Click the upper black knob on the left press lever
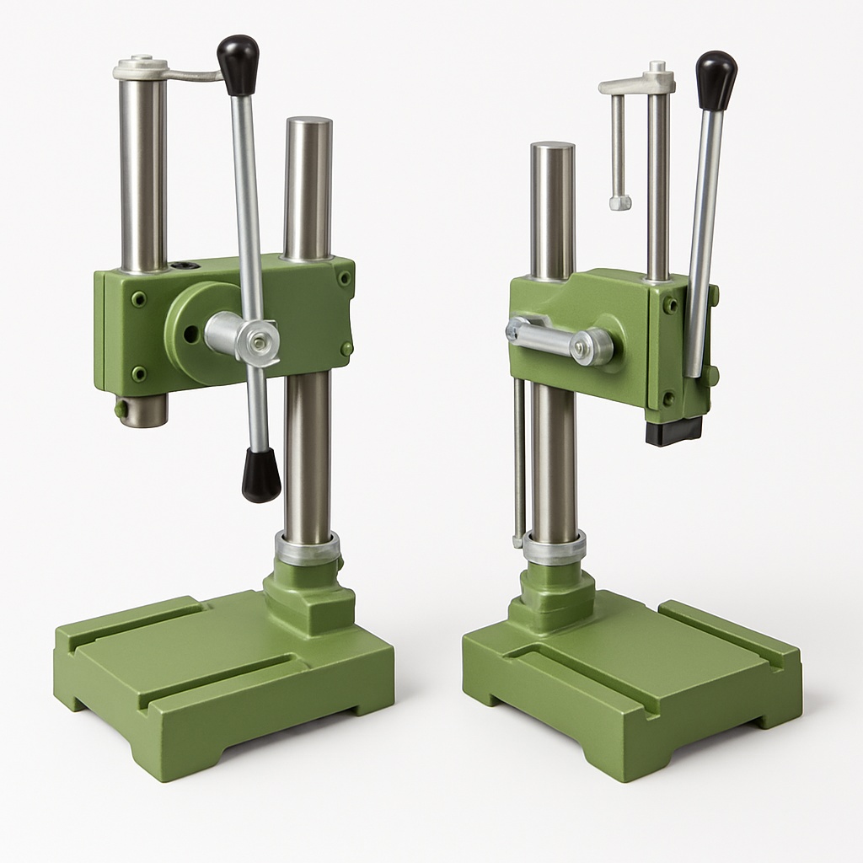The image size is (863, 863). [238, 64]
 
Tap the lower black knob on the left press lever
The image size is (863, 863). [260, 475]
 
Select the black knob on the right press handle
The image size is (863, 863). [716, 80]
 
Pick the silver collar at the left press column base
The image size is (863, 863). [308, 549]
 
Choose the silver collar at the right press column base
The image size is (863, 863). [554, 548]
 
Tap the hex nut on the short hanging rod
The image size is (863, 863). [620, 202]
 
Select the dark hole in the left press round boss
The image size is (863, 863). [190, 335]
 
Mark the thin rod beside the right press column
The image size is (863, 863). [519, 464]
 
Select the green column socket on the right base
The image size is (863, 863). [556, 594]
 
